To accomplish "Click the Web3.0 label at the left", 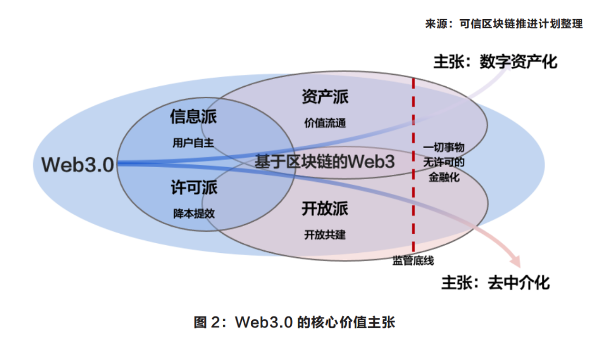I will tap(79, 164).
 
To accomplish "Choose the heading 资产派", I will tap(325, 97).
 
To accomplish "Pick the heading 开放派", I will tap(325, 209).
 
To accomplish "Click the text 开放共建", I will tap(325, 235).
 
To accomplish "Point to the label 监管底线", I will tap(413, 261).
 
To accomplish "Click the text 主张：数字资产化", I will tap(495, 61).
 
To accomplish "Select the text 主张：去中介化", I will tap(495, 282).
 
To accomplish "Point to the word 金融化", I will tap(444, 178).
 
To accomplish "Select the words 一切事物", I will tap(444, 147).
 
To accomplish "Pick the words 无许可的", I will tap(444, 163).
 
